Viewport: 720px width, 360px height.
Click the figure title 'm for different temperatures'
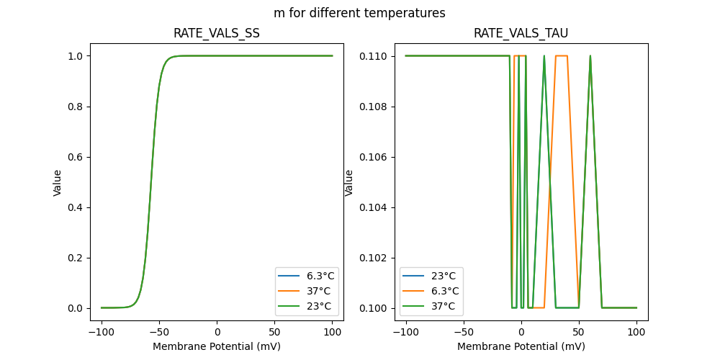(359, 13)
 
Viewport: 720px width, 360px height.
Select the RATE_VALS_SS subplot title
(217, 33)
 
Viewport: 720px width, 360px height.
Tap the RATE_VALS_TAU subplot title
(521, 33)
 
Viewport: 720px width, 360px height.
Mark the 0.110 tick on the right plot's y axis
(374, 56)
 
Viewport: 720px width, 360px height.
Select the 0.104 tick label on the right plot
(374, 207)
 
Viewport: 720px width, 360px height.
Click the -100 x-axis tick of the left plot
(102, 333)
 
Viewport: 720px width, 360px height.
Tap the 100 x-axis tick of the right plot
(636, 333)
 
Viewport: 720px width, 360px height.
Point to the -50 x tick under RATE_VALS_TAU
(464, 333)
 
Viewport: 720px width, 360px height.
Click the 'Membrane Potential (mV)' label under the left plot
(217, 346)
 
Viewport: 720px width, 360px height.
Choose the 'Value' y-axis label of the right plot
(349, 182)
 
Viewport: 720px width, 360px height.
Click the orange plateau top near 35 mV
(562, 56)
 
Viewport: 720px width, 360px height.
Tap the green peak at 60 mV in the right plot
(590, 56)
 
